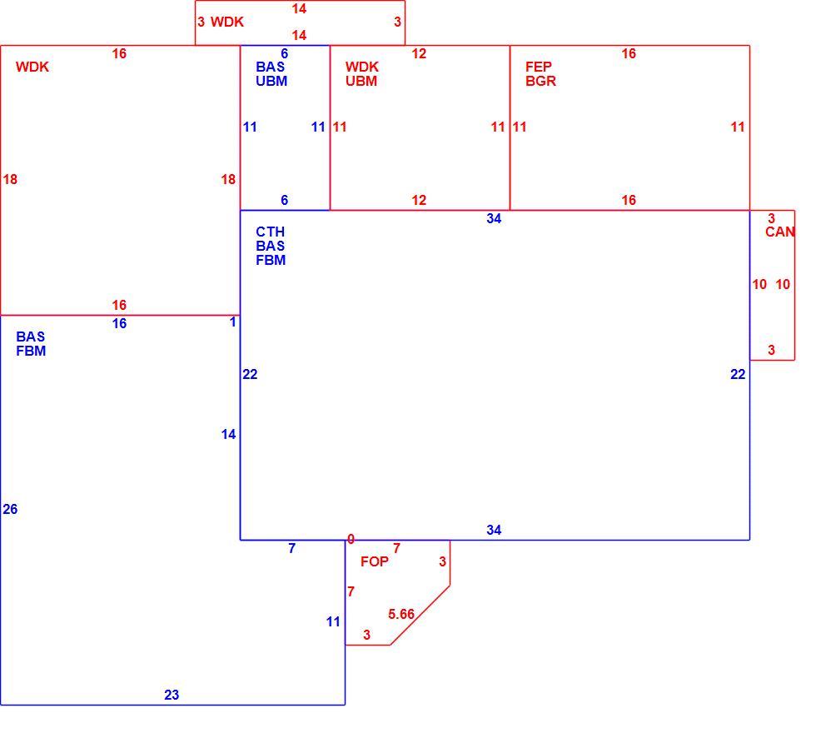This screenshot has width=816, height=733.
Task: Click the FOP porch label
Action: click(374, 561)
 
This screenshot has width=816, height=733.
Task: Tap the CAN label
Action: click(779, 232)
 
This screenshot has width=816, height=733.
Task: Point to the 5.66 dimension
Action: click(401, 615)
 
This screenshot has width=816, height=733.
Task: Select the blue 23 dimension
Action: click(172, 695)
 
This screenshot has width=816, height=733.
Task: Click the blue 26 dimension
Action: click(10, 509)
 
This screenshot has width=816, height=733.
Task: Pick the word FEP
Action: click(539, 67)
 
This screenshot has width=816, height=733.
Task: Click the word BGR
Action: click(540, 81)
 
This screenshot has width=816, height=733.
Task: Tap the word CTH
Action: click(270, 232)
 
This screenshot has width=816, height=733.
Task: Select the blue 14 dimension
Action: click(228, 434)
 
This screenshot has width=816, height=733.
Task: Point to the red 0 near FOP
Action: click(351, 540)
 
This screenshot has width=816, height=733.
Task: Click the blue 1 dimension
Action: click(232, 322)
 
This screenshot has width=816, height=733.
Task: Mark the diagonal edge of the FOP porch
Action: click(420, 616)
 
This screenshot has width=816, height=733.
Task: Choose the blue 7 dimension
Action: click(292, 548)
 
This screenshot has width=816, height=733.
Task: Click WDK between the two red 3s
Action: click(226, 22)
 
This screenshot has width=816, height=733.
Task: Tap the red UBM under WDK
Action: click(361, 81)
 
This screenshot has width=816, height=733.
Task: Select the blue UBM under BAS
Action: click(271, 81)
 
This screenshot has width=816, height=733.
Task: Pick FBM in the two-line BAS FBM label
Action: click(31, 351)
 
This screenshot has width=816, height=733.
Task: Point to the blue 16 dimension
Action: click(119, 324)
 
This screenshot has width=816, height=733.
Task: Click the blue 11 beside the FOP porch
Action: click(333, 621)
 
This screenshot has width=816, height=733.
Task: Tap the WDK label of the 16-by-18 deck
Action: click(32, 67)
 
